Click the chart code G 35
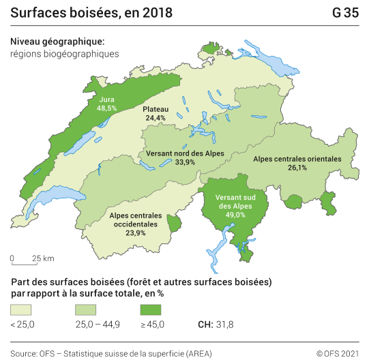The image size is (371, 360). pyautogui.click(x=346, y=13)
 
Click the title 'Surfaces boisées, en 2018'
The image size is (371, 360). pyautogui.click(x=91, y=13)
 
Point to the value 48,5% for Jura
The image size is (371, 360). pyautogui.click(x=107, y=108)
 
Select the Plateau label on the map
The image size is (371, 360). pyautogui.click(x=155, y=109)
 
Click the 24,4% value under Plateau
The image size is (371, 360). pyautogui.click(x=155, y=118)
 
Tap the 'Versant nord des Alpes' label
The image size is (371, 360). pyautogui.click(x=184, y=153)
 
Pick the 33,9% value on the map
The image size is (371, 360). pyautogui.click(x=185, y=162)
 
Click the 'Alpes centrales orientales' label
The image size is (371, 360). pyautogui.click(x=297, y=159)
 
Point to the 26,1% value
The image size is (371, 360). pyautogui.click(x=297, y=168)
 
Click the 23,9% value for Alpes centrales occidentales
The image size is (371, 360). pyautogui.click(x=136, y=232)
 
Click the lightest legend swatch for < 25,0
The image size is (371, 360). pyautogui.click(x=22, y=310)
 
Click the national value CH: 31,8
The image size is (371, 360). pyautogui.click(x=216, y=324)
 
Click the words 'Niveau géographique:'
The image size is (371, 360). pyautogui.click(x=57, y=42)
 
